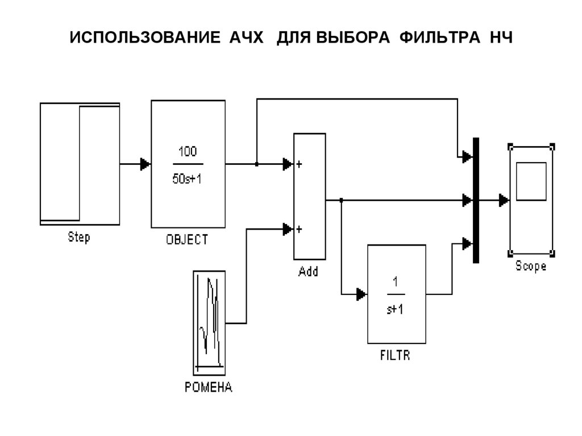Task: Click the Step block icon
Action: pos(80,164)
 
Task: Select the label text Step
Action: pos(79,237)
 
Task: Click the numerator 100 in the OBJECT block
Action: pos(188,152)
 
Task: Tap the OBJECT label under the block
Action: pos(187,240)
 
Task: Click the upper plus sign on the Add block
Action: pos(299,164)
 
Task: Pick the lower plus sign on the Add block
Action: pos(299,230)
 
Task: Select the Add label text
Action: pos(309,272)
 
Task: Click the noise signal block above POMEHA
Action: pos(209,321)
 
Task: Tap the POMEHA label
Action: pos(209,388)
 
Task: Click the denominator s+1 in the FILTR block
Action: pos(396,309)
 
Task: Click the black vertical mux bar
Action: pos(476,200)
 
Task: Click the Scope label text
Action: pos(531,266)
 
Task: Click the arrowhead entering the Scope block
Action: pos(504,200)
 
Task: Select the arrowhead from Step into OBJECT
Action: pos(145,164)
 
